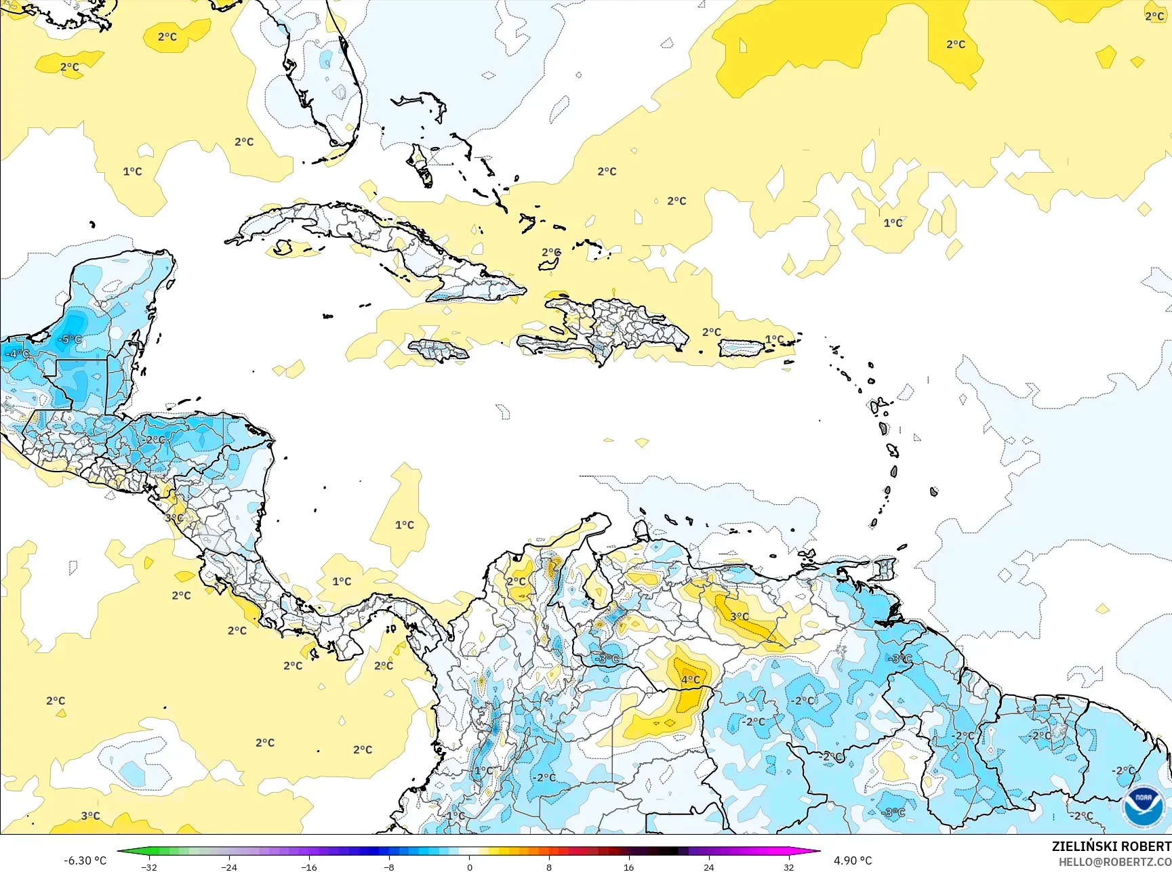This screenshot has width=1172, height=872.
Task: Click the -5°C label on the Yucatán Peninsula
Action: [x=70, y=339]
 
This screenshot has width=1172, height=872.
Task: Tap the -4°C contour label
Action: [x=18, y=354]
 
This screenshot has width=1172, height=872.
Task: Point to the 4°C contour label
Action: [x=690, y=680]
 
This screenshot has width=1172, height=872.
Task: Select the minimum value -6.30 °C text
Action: [x=85, y=860]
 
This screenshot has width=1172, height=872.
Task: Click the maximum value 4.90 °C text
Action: [x=852, y=860]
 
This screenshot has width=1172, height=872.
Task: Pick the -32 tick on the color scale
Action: [x=149, y=867]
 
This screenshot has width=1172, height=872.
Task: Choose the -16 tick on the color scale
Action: [x=309, y=867]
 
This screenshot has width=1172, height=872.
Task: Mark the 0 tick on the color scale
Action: [x=469, y=867]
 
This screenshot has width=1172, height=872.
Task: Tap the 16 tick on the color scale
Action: [x=629, y=867]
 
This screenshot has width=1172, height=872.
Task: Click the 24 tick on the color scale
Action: [x=709, y=867]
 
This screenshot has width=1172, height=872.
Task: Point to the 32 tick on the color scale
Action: [x=788, y=867]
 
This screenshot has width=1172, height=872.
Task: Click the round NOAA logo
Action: [x=1144, y=806]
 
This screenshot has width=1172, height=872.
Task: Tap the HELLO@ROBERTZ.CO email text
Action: [x=1115, y=862]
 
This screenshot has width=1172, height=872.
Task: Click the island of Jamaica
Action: [x=438, y=350]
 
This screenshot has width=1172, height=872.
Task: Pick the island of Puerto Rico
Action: [x=741, y=348]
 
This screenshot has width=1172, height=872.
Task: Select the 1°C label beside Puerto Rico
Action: [x=774, y=339]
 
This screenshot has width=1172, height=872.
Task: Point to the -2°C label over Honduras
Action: [x=155, y=439]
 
